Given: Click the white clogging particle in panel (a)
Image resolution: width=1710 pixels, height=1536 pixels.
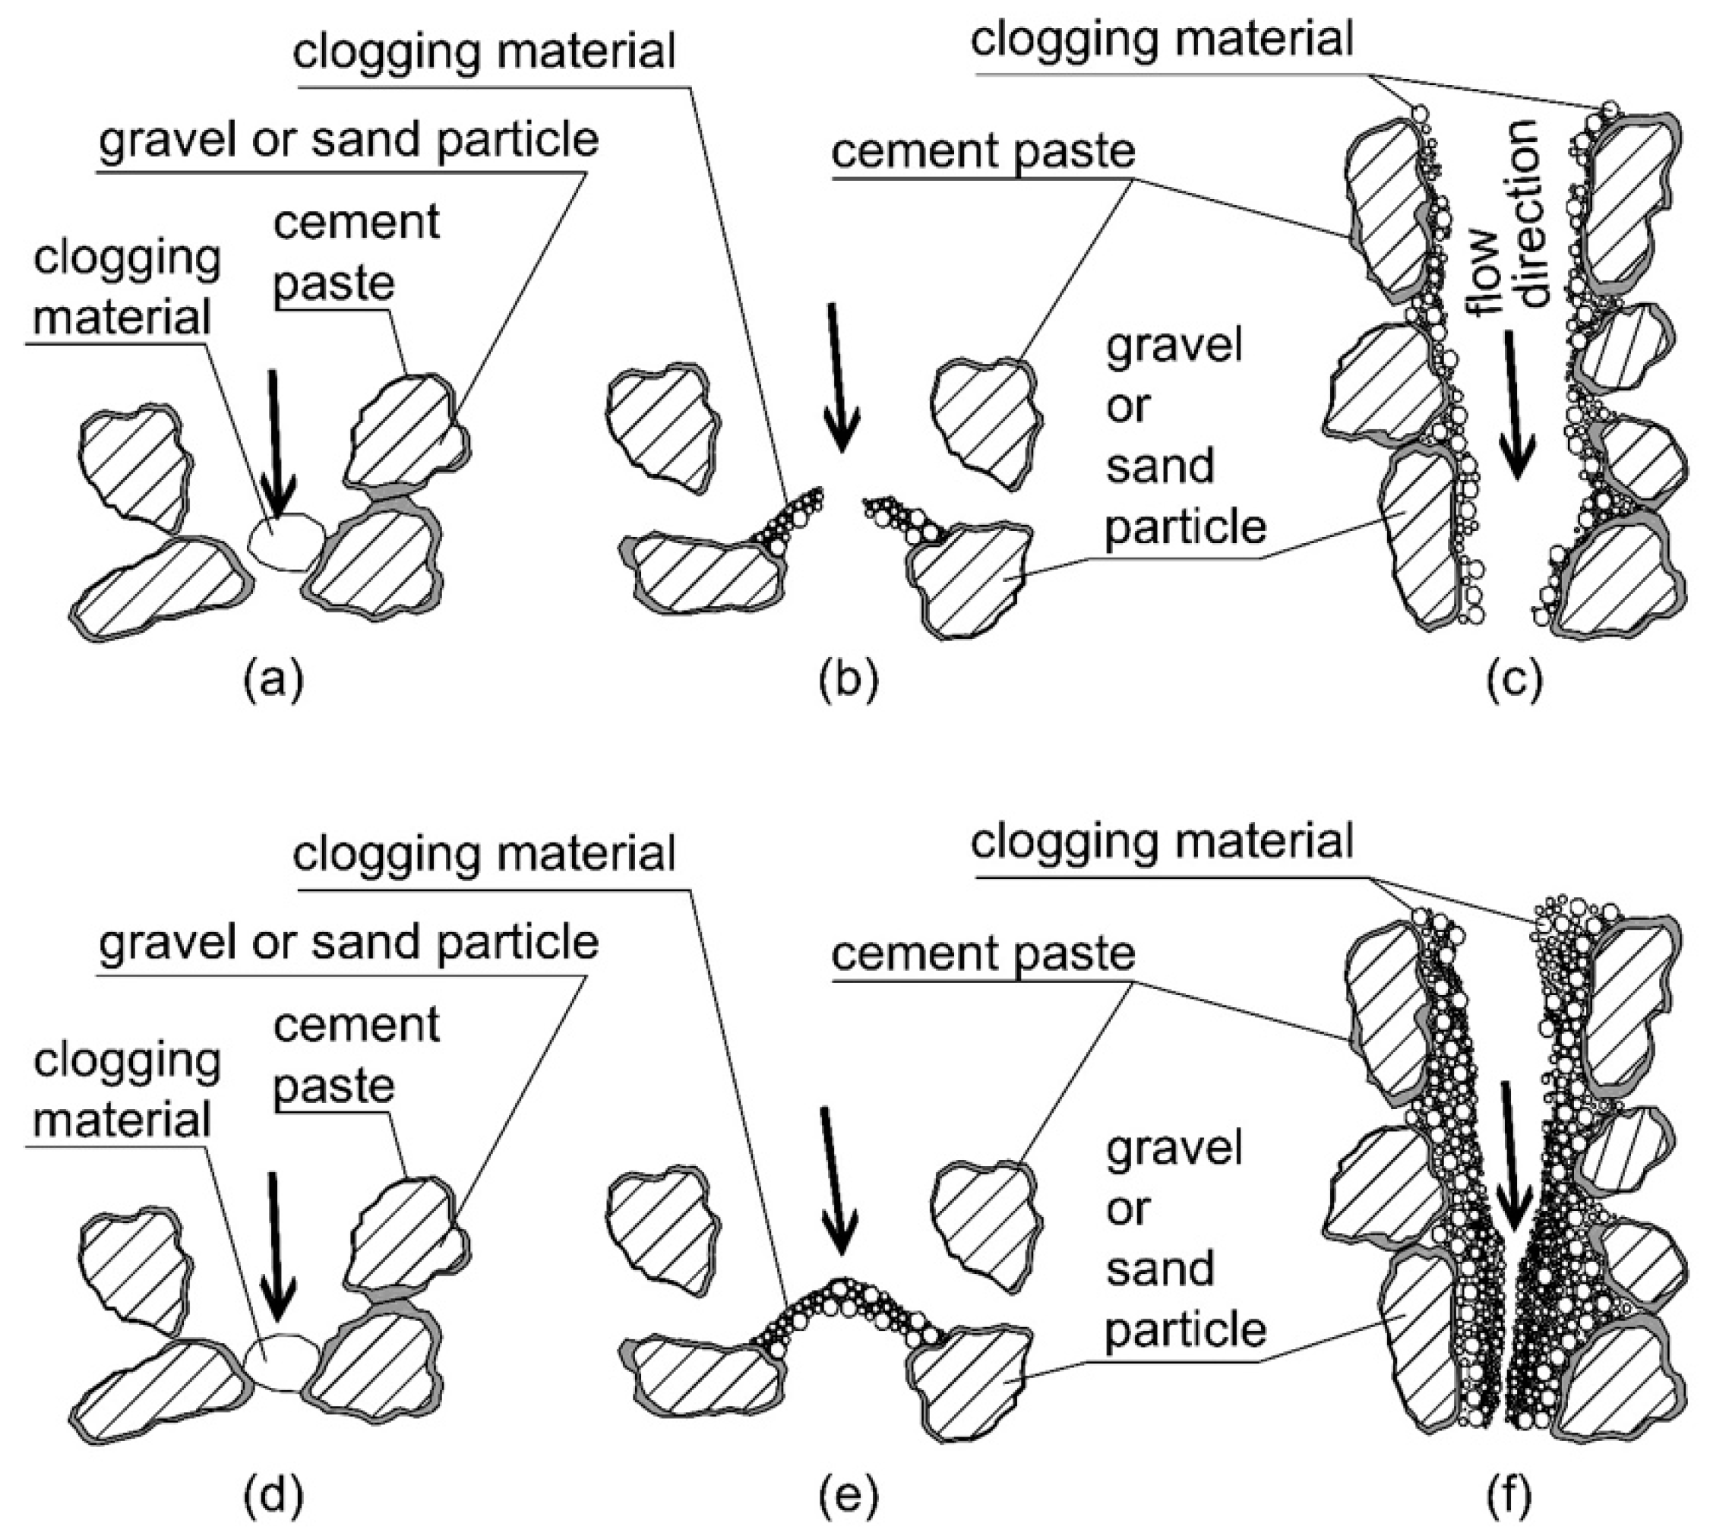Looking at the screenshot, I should coord(286,541).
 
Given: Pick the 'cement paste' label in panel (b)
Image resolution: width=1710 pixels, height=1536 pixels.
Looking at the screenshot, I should coord(983,152).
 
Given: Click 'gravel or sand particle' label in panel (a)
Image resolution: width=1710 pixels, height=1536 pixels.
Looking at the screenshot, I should coord(349,140).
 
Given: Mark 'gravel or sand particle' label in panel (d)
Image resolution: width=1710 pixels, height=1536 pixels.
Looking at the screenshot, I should coord(349,942).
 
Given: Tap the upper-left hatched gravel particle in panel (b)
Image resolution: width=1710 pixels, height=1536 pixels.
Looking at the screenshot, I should coord(662,426).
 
